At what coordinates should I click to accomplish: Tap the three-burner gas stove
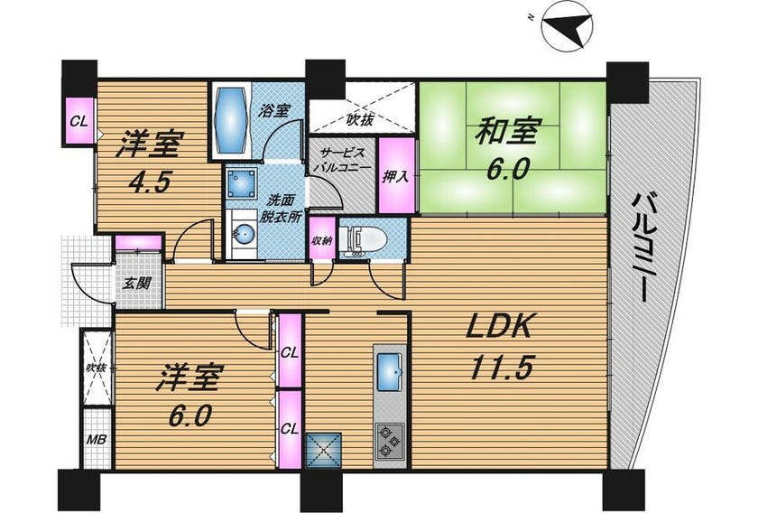(389, 441)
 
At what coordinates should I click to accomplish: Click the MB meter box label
(97, 440)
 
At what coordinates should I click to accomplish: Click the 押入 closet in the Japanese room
(396, 176)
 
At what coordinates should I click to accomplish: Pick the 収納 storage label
(322, 239)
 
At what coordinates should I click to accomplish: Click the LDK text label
(499, 327)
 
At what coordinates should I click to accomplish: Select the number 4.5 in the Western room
(149, 182)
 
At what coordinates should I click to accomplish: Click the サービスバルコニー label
(342, 159)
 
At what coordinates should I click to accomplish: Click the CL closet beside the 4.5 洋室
(79, 121)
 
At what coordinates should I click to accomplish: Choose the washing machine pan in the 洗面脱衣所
(241, 184)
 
